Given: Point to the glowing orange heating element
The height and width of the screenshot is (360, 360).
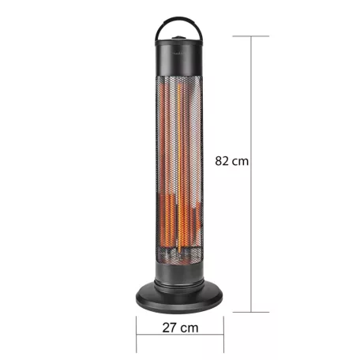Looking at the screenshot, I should point(177,174).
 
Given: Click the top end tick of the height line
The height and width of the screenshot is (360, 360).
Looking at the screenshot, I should point(253,36).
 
